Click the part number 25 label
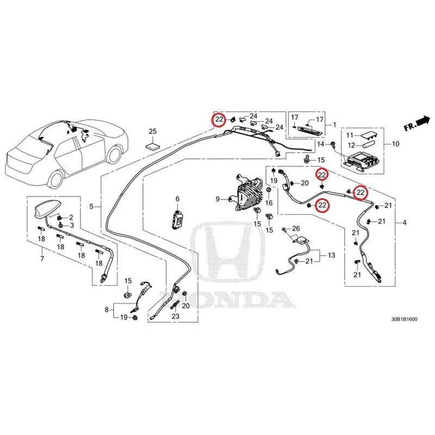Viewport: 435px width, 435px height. (x=153, y=131)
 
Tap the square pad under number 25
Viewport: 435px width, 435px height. (x=153, y=146)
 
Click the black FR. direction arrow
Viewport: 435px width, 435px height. (x=423, y=121)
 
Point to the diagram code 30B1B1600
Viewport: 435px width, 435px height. (x=404, y=319)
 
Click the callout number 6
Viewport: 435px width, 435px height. (x=178, y=198)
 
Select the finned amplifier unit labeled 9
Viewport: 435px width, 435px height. (x=247, y=194)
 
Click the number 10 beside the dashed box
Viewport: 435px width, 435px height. (x=395, y=144)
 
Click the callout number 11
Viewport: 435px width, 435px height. (x=350, y=135)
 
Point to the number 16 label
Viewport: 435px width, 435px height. (x=269, y=203)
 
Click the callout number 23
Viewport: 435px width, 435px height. (x=176, y=316)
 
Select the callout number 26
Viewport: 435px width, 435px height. (x=296, y=228)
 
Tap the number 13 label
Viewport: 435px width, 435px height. (x=332, y=255)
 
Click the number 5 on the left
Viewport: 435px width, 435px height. (x=91, y=207)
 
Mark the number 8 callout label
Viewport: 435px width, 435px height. (x=107, y=309)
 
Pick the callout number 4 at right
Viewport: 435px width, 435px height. (x=404, y=222)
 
